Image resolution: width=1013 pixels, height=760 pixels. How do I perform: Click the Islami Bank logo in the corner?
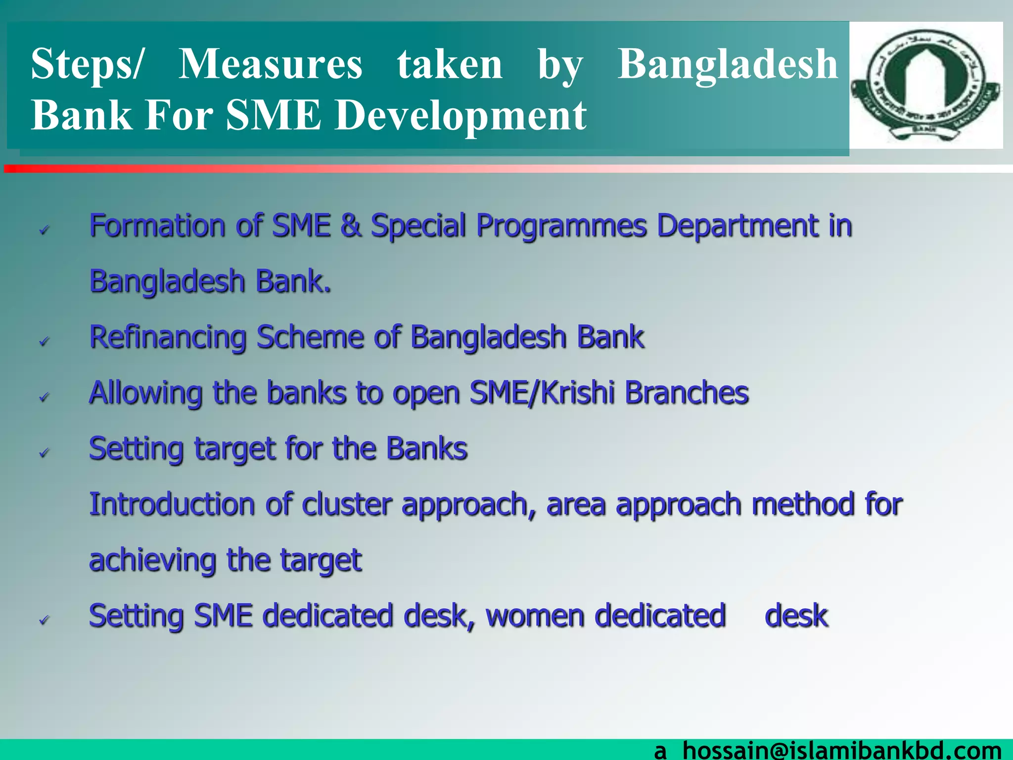click(x=925, y=85)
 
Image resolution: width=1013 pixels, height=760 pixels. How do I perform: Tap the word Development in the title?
click(x=460, y=116)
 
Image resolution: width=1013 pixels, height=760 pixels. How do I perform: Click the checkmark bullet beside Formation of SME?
click(x=45, y=229)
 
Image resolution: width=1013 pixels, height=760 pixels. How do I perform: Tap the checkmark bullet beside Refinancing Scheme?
click(x=45, y=341)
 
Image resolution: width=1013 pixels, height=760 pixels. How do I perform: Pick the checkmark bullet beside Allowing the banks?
click(x=45, y=396)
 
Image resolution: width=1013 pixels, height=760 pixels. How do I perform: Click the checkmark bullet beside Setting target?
click(x=45, y=452)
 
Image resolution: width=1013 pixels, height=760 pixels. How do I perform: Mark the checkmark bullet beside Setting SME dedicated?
click(x=45, y=619)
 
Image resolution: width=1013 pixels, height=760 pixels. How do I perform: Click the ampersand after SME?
click(x=351, y=226)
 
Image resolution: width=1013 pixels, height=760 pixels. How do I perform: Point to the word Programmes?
click(x=561, y=227)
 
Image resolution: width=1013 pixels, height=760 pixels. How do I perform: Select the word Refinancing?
click(x=168, y=338)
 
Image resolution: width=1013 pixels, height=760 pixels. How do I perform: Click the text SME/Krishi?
click(x=542, y=393)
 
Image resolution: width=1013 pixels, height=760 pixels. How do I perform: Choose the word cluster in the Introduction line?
click(x=347, y=505)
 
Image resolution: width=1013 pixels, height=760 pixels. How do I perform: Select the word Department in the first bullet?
click(x=737, y=226)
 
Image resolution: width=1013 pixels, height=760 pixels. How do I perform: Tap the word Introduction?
click(x=172, y=505)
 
